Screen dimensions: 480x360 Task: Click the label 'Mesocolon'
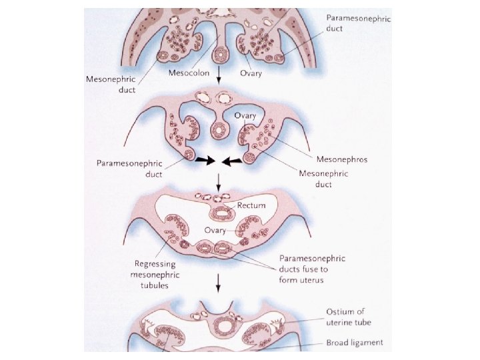[189, 72]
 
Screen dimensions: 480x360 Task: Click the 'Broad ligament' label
[355, 343]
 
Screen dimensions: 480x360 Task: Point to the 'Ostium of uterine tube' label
[349, 317]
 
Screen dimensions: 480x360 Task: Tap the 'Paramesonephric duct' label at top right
[357, 25]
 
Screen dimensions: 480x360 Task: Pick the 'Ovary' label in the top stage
[252, 72]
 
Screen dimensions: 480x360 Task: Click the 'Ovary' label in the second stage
[244, 115]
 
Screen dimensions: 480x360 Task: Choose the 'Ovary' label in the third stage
[215, 230]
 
